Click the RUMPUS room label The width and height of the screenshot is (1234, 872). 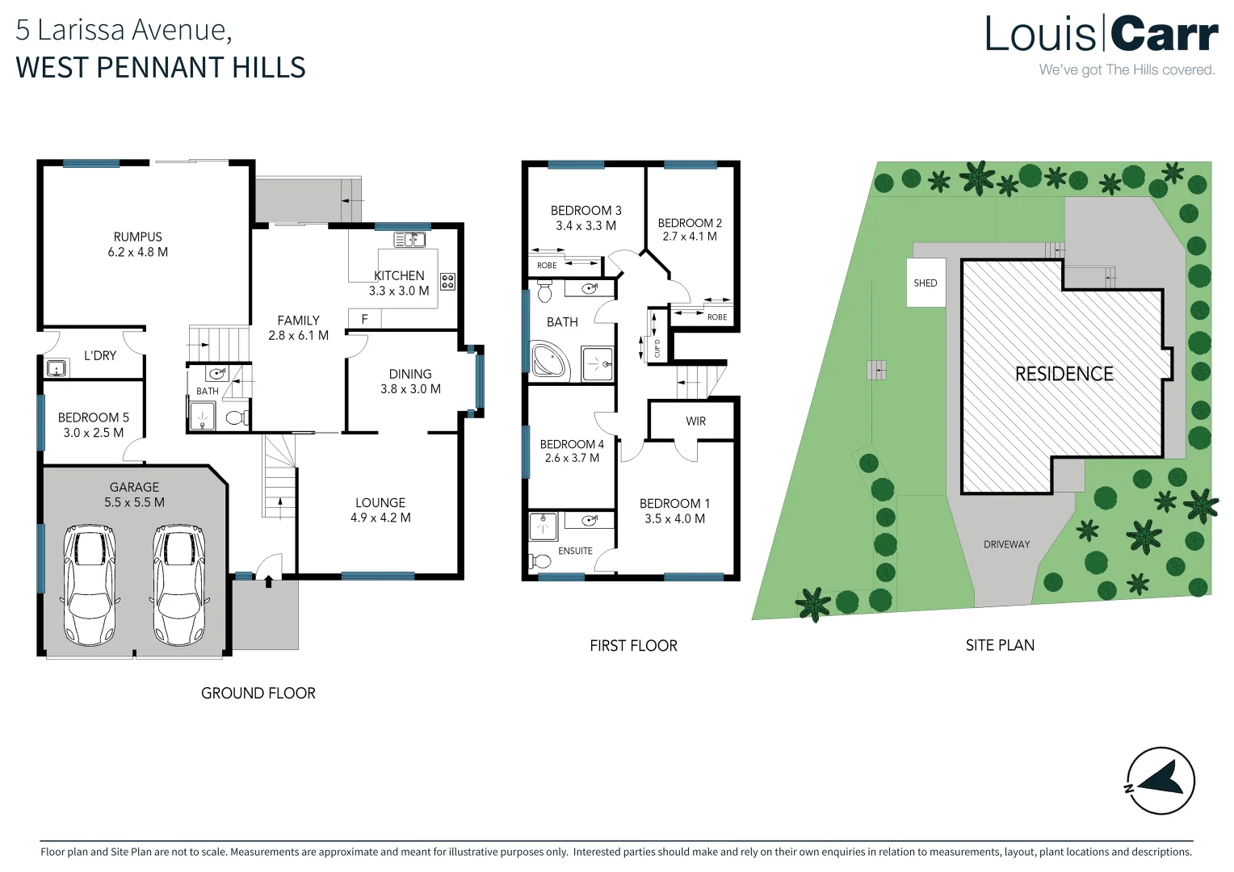tap(138, 237)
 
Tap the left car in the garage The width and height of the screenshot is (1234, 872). tap(90, 585)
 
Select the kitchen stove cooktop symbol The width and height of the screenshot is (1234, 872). tap(448, 282)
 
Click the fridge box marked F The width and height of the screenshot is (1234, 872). tap(365, 318)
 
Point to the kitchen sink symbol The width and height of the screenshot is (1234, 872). tap(410, 240)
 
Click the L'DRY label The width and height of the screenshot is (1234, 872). tap(100, 356)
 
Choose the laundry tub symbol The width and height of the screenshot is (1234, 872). tap(57, 368)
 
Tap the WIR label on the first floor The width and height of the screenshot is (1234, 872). tap(696, 421)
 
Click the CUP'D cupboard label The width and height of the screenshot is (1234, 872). tap(657, 349)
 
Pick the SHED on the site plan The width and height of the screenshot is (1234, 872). tap(925, 283)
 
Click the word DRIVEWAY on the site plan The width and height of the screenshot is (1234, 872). tap(1006, 544)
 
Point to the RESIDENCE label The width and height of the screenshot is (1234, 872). tap(1064, 374)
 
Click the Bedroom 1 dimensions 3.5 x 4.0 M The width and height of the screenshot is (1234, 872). tap(675, 518)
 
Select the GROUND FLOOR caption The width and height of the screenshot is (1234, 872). tap(258, 693)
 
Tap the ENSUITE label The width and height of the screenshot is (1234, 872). tap(575, 551)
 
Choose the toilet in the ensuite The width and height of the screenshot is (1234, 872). tap(539, 561)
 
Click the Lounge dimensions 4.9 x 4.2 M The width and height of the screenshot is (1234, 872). tap(380, 518)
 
